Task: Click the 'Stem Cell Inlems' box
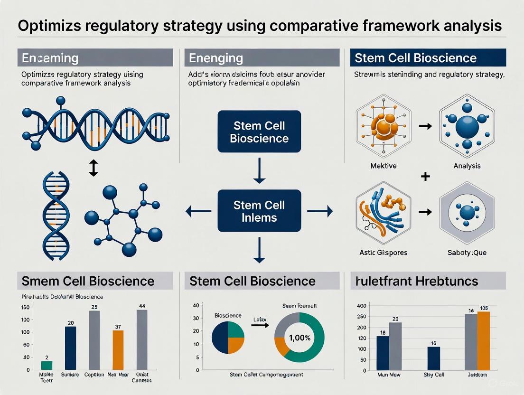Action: (259, 212)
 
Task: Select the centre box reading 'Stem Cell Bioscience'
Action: (259, 132)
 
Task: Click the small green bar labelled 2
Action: (47, 365)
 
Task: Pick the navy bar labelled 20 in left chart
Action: (70, 348)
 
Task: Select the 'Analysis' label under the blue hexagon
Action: (467, 166)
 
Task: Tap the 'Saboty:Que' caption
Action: (467, 253)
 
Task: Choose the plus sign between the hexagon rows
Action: (425, 177)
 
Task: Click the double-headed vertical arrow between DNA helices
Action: (93, 168)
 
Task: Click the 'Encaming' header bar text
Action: (50, 58)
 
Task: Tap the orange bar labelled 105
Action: (483, 341)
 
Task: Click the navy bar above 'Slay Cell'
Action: (433, 358)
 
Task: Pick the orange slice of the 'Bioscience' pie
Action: (236, 344)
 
